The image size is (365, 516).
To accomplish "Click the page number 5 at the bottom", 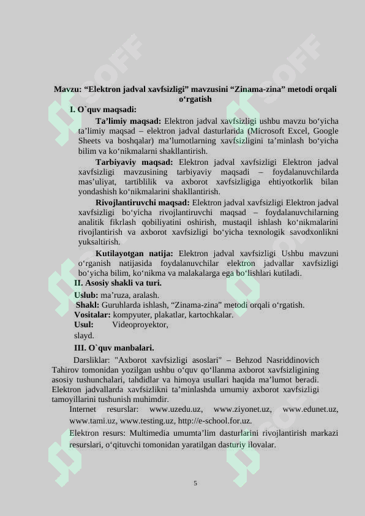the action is click(x=195, y=484).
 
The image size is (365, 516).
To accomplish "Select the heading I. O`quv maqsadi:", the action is click(x=103, y=110).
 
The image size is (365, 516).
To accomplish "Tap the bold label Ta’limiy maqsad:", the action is click(x=128, y=121).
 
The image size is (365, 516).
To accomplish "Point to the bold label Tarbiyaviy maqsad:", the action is click(x=134, y=162).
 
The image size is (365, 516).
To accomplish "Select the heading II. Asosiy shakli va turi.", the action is click(x=118, y=283).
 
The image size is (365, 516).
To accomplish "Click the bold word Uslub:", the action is click(x=86, y=295).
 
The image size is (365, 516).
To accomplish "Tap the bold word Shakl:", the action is click(x=88, y=305).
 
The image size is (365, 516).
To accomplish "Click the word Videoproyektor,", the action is click(x=140, y=325).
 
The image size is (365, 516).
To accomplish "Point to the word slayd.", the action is click(x=84, y=336).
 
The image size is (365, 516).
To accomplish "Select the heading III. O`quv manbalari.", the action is click(x=114, y=348).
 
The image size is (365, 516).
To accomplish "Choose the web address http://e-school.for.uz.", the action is click(x=214, y=421).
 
